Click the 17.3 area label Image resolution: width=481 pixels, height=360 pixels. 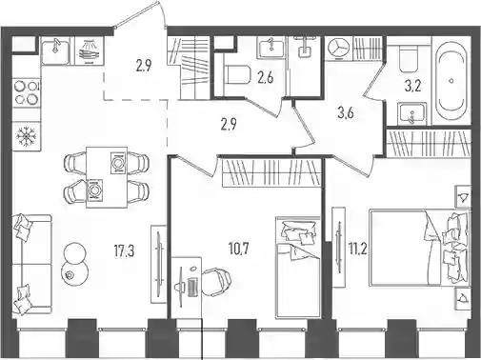tap(124, 251)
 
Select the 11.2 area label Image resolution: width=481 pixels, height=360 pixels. tap(358, 250)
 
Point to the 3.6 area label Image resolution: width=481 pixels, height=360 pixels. tap(346, 112)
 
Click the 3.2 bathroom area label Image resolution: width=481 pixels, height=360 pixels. tap(413, 86)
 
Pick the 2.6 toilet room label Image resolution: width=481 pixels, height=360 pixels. tap(266, 77)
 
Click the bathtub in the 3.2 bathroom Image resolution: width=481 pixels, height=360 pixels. tap(451, 81)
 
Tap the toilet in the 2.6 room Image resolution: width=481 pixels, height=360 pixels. tap(236, 74)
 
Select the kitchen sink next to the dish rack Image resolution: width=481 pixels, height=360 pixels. tap(56, 51)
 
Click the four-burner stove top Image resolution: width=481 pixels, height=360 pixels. tap(27, 92)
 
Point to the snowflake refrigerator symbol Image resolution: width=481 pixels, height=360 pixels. tap(27, 136)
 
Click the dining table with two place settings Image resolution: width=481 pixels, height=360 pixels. tap(107, 177)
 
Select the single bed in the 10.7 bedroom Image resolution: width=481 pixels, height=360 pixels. tap(297, 267)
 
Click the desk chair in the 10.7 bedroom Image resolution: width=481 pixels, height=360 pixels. tap(217, 282)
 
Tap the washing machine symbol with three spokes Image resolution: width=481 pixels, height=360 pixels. tap(338, 49)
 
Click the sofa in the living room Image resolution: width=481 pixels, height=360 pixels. tap(31, 264)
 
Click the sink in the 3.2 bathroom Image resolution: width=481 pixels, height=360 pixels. tap(411, 113)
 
